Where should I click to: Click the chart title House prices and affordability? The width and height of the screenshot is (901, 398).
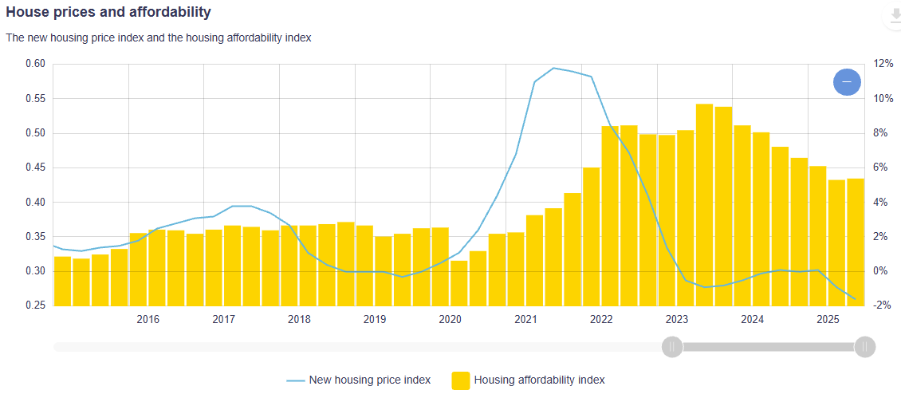coord(108,13)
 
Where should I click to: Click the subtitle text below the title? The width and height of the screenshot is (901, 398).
coord(158,37)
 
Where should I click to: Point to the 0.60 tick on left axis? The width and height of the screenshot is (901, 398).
coord(34,65)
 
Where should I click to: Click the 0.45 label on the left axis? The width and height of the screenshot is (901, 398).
coord(34,168)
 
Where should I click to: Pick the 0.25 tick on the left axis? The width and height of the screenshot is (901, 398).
coord(34,306)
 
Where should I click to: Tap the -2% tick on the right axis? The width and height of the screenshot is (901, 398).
coord(881,306)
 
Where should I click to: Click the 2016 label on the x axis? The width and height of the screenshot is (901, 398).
coord(148,320)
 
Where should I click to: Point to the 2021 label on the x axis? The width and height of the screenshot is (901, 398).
coord(525,320)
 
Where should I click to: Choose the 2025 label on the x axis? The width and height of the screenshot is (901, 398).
coord(828,320)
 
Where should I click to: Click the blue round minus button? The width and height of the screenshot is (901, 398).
coord(847,82)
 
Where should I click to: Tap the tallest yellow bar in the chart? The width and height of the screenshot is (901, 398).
coord(704,204)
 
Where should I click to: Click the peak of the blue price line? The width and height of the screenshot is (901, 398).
coord(554,69)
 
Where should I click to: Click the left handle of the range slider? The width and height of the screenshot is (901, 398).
coord(672,347)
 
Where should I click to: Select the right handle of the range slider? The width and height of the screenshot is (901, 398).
coord(865,347)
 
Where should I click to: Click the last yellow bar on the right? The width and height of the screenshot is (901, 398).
coord(856,242)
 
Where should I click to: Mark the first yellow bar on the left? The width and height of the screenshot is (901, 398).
coord(62,281)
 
